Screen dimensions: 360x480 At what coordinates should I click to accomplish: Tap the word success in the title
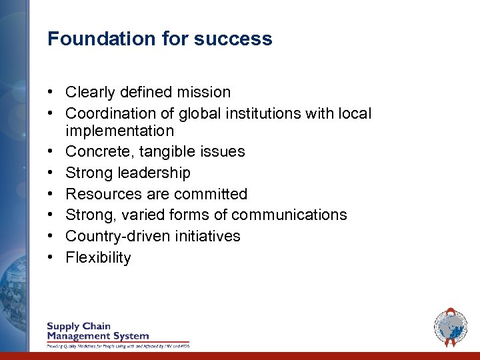pyautogui.click(x=233, y=39)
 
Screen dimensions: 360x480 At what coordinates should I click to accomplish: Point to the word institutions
pyautogui.click(x=265, y=113)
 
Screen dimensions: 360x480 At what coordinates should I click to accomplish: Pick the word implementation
pyautogui.click(x=119, y=131)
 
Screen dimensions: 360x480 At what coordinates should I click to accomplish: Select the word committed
pyautogui.click(x=212, y=194)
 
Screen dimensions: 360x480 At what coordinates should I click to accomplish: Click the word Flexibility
pyautogui.click(x=98, y=257)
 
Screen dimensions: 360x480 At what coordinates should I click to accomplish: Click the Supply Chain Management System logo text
pyautogui.click(x=97, y=331)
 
